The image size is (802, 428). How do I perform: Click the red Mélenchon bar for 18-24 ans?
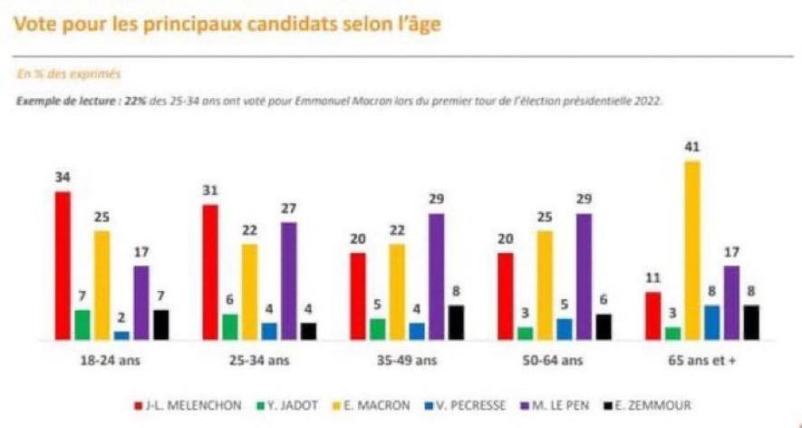[x=63, y=265]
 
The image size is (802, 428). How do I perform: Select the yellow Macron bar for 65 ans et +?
[x=691, y=249]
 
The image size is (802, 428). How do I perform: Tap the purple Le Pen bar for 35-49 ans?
[x=437, y=276]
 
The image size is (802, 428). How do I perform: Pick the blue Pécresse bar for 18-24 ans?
[x=121, y=335]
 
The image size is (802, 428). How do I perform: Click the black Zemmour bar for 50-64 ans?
[x=604, y=326]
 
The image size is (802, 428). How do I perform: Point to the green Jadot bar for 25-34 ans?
[x=230, y=326]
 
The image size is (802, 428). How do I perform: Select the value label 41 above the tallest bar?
[x=692, y=146]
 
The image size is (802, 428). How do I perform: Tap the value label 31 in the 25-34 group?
[x=210, y=190]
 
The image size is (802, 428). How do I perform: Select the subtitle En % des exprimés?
[x=69, y=73]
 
